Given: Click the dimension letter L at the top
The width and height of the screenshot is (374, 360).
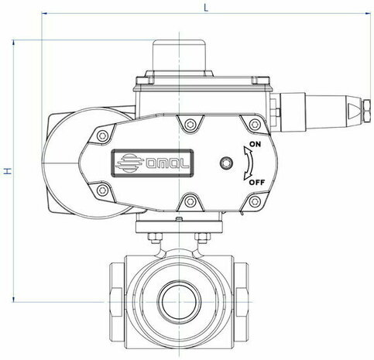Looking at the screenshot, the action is [206, 8].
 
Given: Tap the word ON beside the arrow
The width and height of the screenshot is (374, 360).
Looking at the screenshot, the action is [255, 144].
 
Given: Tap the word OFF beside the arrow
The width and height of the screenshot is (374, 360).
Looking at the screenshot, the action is [257, 183].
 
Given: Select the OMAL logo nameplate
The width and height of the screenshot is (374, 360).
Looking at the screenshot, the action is [153, 163].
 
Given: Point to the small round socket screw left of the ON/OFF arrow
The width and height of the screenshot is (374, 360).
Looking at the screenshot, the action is [226, 163].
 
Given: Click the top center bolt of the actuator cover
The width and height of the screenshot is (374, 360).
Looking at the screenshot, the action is [190, 125].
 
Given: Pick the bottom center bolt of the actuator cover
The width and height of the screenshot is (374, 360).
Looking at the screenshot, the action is [190, 201].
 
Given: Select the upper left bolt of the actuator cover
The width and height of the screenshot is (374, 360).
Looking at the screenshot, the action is [102, 135].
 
